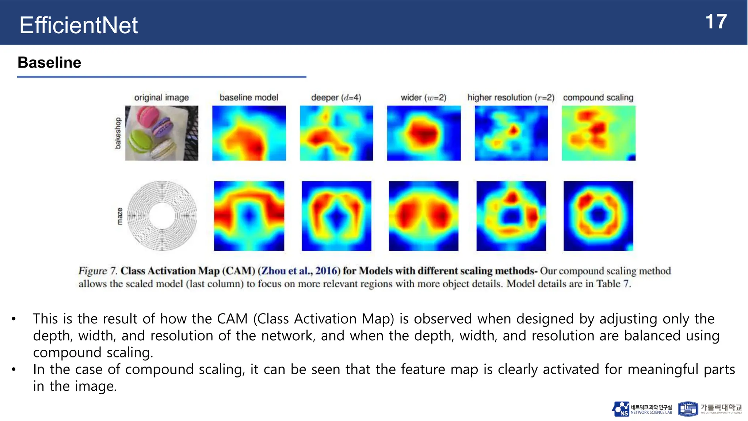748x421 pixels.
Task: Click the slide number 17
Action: coord(716,22)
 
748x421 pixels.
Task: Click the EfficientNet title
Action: coord(79,25)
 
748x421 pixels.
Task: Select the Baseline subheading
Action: coord(49,62)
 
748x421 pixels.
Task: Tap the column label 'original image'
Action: coord(161,98)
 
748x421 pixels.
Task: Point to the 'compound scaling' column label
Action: coord(598,98)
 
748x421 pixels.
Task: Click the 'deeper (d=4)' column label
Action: coord(336,98)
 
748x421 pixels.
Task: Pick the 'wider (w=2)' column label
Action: coord(423,98)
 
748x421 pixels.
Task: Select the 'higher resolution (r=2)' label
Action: coord(511,98)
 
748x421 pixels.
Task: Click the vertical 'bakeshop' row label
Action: coord(118,133)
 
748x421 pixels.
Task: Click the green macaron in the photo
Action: coord(140,141)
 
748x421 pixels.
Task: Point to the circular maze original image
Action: coord(162,216)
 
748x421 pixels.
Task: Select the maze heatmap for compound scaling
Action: coord(598,216)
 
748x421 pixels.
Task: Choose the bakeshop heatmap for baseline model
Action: coord(249,133)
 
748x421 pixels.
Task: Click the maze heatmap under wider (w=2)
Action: coord(423,216)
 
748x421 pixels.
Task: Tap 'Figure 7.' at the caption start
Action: coord(98,271)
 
